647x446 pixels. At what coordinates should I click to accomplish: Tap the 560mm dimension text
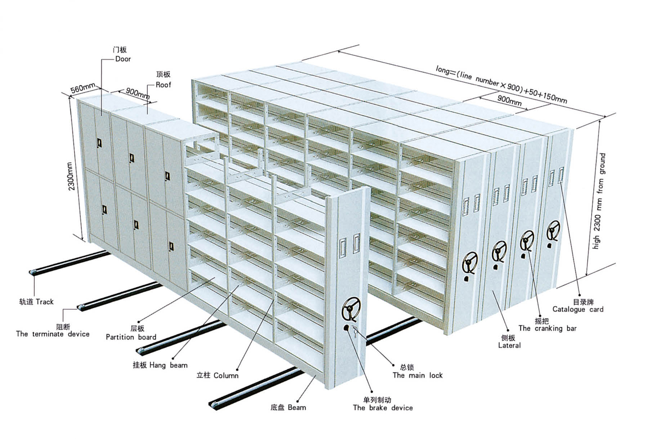(x=82, y=88)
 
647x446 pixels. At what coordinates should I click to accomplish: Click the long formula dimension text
(x=501, y=84)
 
